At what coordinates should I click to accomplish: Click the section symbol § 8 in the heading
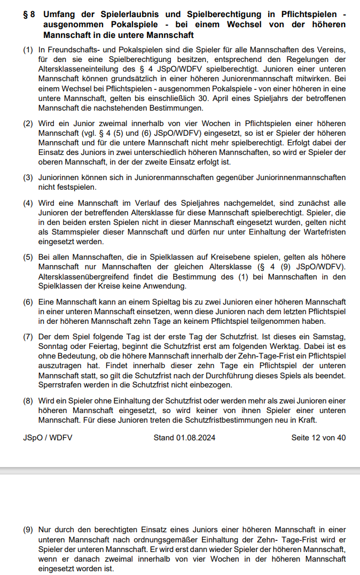coord(29,14)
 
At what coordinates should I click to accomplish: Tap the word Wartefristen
coord(322,232)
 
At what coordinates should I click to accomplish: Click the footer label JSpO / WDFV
coord(48,438)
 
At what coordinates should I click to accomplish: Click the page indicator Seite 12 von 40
coord(318,438)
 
